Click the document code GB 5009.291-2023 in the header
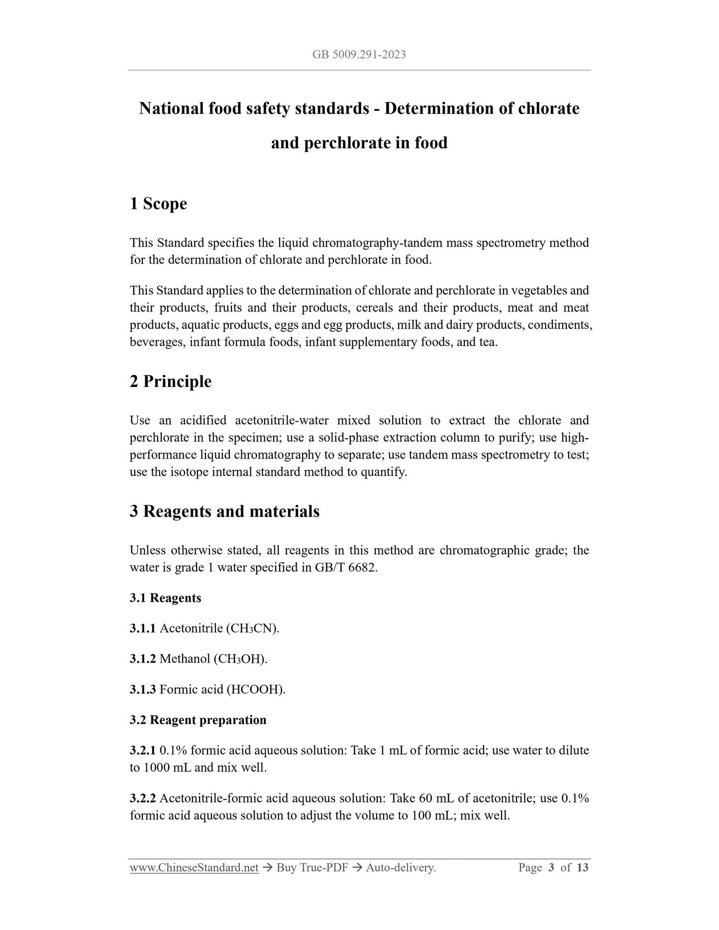tap(359, 55)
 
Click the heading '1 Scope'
tap(158, 203)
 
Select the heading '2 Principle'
tap(171, 381)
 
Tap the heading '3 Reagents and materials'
tap(224, 511)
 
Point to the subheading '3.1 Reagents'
tap(165, 598)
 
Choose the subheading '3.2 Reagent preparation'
tap(198, 720)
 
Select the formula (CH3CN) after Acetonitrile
tap(252, 629)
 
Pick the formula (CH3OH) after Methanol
tap(240, 659)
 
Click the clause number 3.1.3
tap(143, 690)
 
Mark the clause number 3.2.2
tap(143, 799)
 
